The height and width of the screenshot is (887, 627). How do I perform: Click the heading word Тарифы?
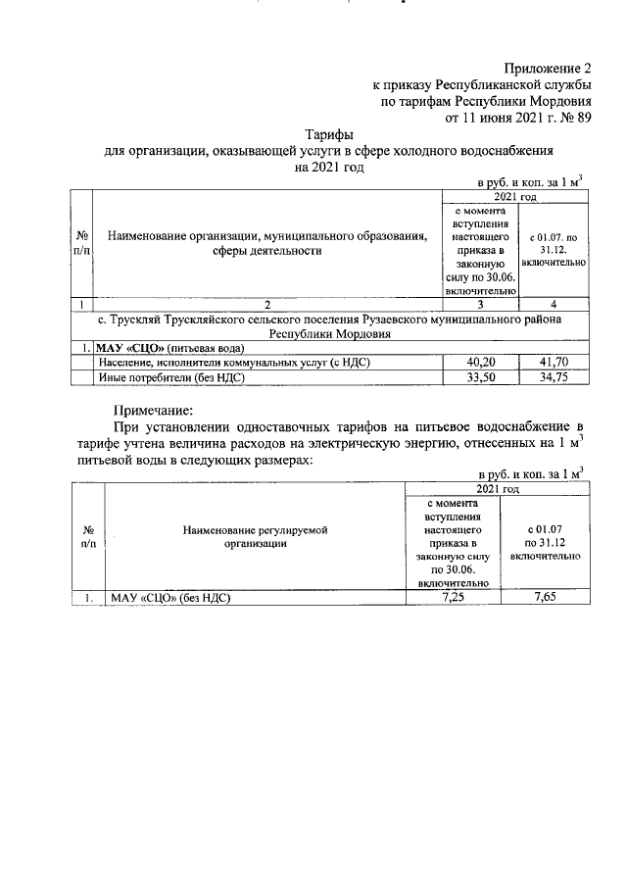[328, 134]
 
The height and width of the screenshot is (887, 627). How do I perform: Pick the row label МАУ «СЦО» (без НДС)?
[170, 596]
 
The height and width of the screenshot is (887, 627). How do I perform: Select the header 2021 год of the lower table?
[498, 487]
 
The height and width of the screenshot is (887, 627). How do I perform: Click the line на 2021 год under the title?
[328, 168]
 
